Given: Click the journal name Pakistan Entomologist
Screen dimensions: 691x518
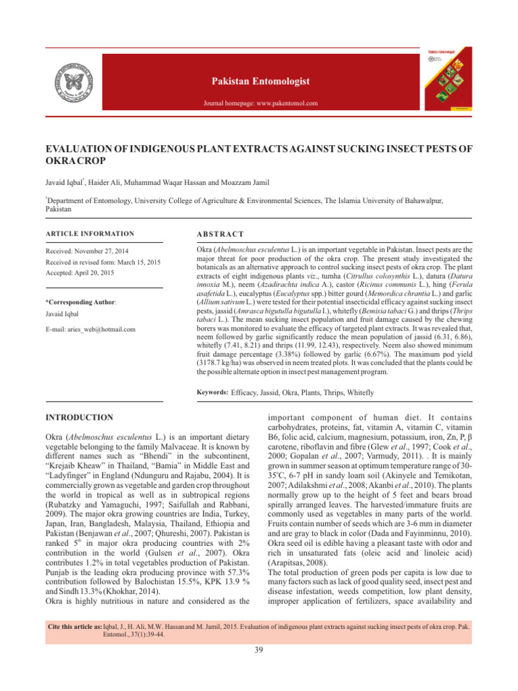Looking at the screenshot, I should click(259, 82).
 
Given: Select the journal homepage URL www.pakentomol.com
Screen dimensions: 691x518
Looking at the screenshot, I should click(283, 104).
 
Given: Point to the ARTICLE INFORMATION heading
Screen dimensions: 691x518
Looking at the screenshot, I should click(90, 233).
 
